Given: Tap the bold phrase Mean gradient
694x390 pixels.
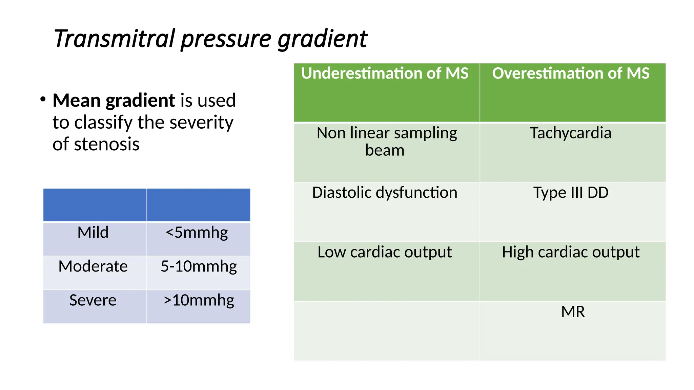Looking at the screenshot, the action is coord(114,101).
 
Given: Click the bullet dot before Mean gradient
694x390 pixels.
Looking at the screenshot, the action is coord(43,100).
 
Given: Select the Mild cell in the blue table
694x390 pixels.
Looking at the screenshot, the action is coord(93,233).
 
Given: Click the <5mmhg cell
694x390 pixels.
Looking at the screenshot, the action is coord(197,233).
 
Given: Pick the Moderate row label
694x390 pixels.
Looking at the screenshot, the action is coord(93,266).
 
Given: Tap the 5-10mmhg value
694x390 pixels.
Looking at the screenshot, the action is coord(199,266).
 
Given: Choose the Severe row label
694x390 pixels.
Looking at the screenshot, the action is coord(93,300).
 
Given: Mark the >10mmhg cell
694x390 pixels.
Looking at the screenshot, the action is coord(199,300).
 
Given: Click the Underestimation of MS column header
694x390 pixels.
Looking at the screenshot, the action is coord(385,73).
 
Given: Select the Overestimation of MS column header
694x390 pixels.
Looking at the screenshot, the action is coord(571,73).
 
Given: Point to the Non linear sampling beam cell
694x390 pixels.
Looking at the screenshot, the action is coord(386,142).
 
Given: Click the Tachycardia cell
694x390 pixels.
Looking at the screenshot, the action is coord(571,133).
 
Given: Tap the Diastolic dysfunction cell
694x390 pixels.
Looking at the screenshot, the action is coord(385,193).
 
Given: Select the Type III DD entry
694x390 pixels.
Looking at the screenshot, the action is coord(571,193).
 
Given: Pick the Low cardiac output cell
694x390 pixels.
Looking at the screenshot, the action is coord(385,252).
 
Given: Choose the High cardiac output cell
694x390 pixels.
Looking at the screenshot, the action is coord(571,252).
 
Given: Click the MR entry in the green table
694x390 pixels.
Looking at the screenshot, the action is coord(573,312).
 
